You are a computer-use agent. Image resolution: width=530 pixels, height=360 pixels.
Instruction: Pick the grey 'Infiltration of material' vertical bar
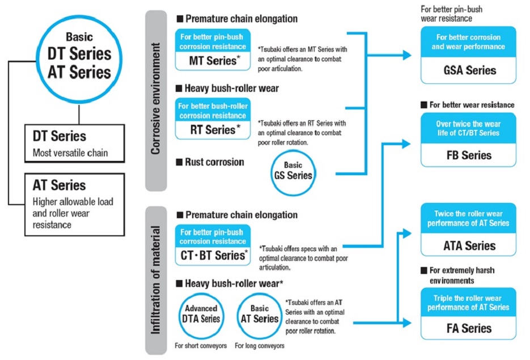(x=156, y=278)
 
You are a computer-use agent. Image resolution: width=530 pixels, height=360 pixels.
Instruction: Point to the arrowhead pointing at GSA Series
(x=406, y=55)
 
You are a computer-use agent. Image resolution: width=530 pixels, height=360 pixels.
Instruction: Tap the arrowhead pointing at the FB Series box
(x=406, y=144)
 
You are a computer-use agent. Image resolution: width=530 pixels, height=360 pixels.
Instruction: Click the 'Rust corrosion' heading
(x=214, y=162)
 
